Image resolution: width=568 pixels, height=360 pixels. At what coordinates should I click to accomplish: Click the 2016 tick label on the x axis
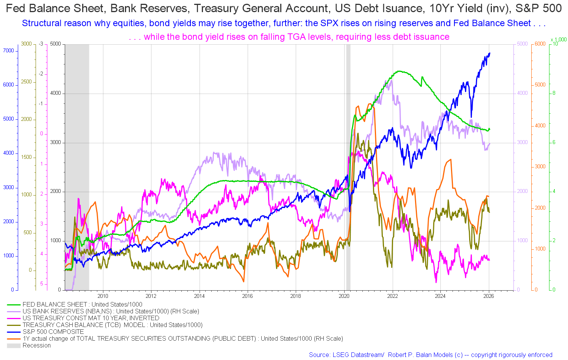tap(248, 296)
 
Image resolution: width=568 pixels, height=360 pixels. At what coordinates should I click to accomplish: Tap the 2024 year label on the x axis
tap(440, 296)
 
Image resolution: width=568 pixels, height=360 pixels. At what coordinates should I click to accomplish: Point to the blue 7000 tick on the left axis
tap(8, 51)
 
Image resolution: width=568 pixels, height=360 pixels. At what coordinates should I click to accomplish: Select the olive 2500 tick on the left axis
tap(27, 82)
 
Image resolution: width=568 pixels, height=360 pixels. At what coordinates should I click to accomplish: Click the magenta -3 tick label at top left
tap(41, 44)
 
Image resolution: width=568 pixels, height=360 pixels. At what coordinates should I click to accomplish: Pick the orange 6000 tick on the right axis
tap(540, 44)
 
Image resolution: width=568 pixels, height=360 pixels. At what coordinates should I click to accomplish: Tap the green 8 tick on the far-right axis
tap(554, 93)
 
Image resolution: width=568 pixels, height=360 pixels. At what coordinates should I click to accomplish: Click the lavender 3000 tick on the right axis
tap(522, 142)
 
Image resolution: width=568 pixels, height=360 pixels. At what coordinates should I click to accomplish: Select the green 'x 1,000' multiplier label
tap(559, 39)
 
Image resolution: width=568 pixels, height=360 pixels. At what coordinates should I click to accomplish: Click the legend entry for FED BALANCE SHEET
tap(82, 304)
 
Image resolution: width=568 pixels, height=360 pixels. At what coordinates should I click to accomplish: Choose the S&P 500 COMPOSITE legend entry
tap(53, 332)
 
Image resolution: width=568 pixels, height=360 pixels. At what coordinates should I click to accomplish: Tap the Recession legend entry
tap(36, 345)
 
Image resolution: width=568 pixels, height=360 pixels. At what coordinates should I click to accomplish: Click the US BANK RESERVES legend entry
tap(111, 311)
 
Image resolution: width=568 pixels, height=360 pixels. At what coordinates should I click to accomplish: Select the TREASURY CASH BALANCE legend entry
tap(112, 325)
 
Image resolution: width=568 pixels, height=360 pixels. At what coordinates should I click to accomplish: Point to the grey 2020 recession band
tap(348, 167)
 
